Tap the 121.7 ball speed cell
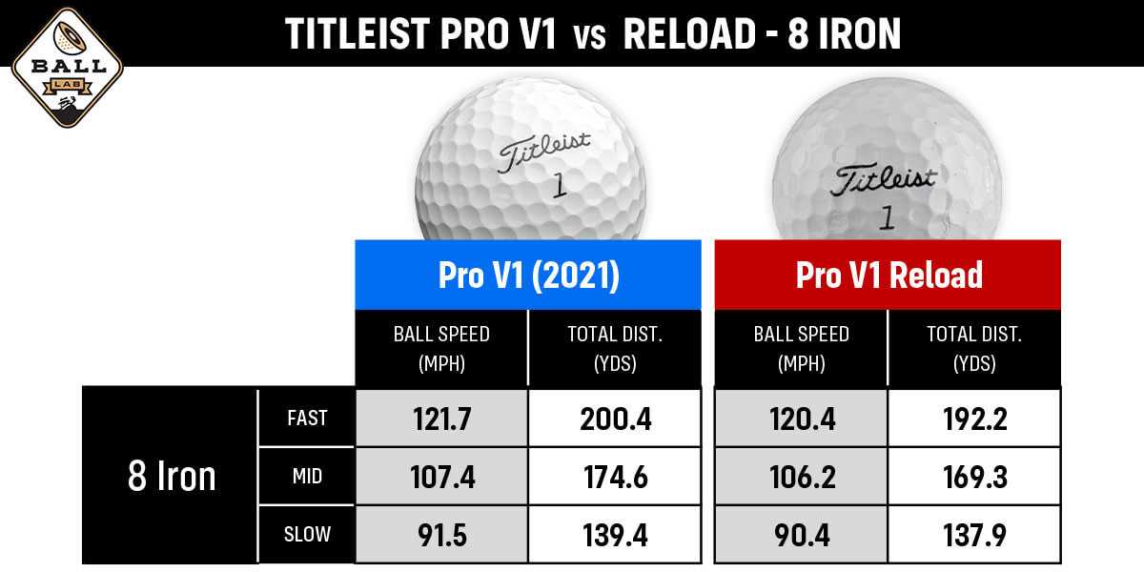[x=441, y=418]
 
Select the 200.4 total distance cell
[x=615, y=418]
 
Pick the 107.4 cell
[x=441, y=476]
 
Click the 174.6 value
[x=615, y=476]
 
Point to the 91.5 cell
[x=441, y=534]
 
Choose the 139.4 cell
[x=615, y=534]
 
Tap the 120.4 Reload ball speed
[x=801, y=418]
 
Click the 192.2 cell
[x=973, y=418]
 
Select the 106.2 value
[x=801, y=476]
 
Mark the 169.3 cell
[x=973, y=476]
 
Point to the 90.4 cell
[x=801, y=534]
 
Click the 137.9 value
[x=973, y=534]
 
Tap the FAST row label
[x=306, y=418]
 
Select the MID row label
[x=306, y=476]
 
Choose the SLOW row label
[x=306, y=534]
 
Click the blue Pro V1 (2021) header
[x=528, y=276]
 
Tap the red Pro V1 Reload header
[x=889, y=276]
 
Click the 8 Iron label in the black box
[x=172, y=476]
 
